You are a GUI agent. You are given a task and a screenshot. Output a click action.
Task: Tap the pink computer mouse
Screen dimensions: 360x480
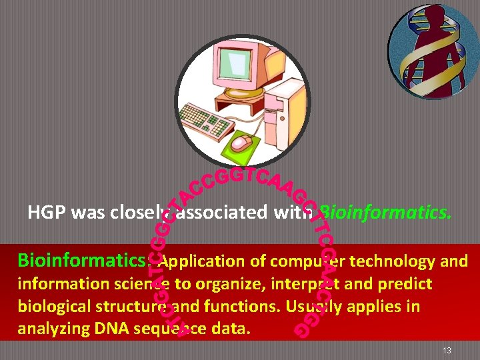click(x=241, y=143)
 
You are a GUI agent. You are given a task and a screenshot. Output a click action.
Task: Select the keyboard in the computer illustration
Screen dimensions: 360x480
click(x=207, y=120)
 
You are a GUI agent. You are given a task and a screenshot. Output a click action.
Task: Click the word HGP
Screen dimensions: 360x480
click(x=47, y=213)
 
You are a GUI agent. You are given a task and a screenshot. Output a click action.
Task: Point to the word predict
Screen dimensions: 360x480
click(x=406, y=284)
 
